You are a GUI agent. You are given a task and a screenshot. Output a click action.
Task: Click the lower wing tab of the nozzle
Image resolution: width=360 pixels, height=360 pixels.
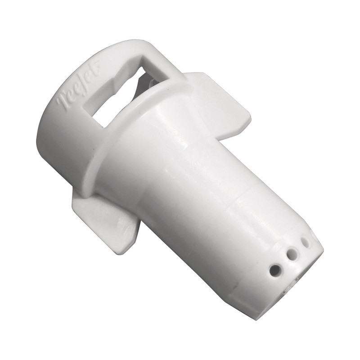(x=106, y=220)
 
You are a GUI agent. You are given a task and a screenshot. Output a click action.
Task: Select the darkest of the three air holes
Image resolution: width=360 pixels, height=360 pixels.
(x=275, y=270)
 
